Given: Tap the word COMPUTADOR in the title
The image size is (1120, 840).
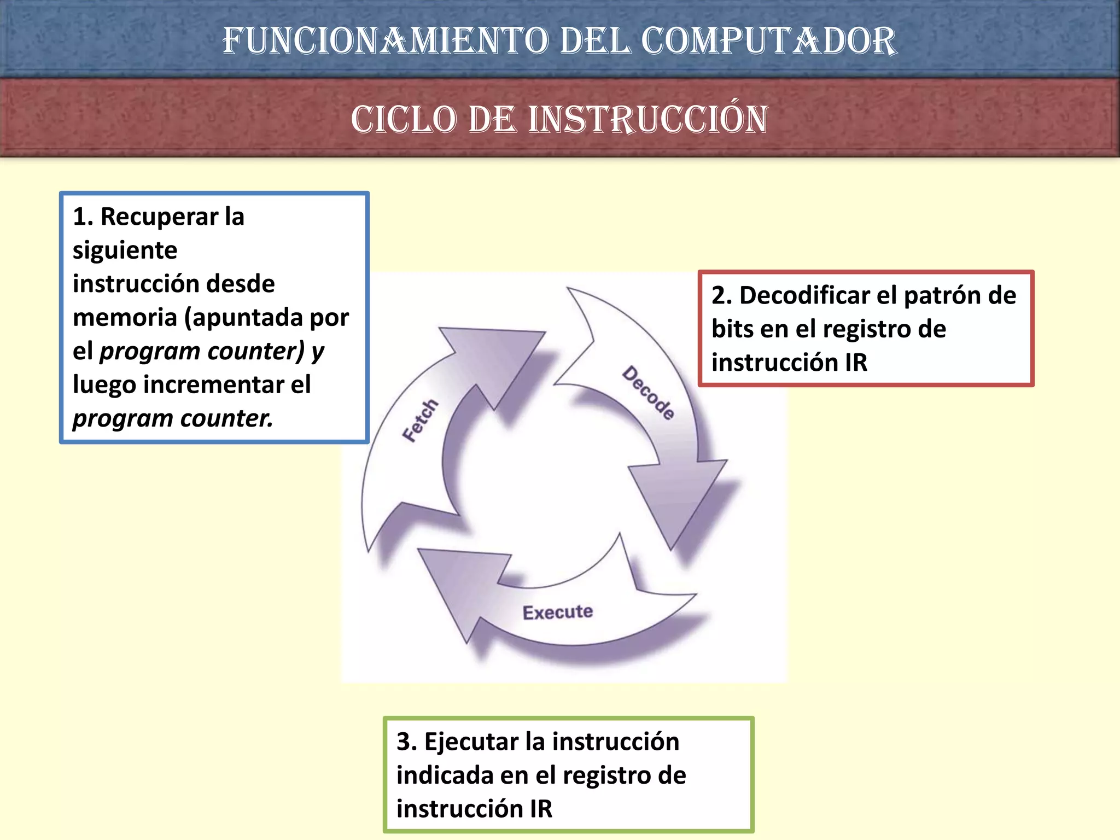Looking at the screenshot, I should click(x=768, y=42).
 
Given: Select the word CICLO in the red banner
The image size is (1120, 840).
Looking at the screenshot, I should click(x=404, y=119).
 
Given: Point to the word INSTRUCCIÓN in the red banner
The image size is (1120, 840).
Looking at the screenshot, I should click(x=648, y=119).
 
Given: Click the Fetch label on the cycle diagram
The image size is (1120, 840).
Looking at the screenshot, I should click(x=420, y=420).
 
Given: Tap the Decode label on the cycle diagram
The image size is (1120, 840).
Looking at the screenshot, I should click(x=648, y=393).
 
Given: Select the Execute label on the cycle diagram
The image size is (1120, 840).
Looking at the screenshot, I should click(x=557, y=612).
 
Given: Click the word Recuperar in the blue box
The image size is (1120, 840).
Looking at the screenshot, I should click(x=159, y=217).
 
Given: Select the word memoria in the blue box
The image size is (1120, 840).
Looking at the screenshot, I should click(x=125, y=317).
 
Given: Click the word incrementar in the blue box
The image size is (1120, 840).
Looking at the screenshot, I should click(x=213, y=384).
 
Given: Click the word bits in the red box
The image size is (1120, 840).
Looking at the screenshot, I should click(x=731, y=329).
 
